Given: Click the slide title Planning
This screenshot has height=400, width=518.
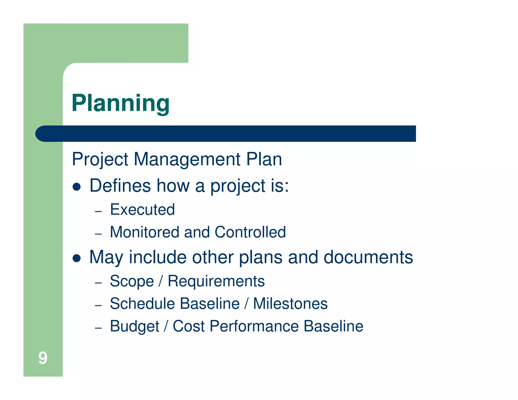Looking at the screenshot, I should coord(120,103).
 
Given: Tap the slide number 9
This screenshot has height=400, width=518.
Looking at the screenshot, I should coord(43,358).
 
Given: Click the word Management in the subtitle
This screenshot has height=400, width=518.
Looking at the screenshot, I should coord(187,159).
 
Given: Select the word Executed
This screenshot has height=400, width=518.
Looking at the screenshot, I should coord(142,210).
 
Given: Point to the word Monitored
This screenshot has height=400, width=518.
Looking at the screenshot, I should coord(144,232).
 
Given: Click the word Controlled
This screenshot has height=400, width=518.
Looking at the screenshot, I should coord(250,232).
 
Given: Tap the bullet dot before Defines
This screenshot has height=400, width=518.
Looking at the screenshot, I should coord(76,187).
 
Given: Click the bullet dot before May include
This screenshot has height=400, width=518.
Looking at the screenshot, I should coord(76,258).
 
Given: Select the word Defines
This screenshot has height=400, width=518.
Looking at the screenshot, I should coord(120,186).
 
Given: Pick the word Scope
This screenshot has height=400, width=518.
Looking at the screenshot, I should coord(132,281).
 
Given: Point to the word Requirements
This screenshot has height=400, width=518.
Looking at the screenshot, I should coord(216,281).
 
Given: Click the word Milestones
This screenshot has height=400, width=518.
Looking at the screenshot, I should coord(290,304).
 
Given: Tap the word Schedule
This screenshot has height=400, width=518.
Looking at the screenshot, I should coord(142,304).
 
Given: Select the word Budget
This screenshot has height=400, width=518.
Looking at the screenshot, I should coord(135,326).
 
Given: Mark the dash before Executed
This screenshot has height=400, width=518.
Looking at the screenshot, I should coord(98,211).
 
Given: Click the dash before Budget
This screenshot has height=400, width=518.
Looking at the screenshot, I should coord(98,328).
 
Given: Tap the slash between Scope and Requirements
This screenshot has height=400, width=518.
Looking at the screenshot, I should coord(160,281).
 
